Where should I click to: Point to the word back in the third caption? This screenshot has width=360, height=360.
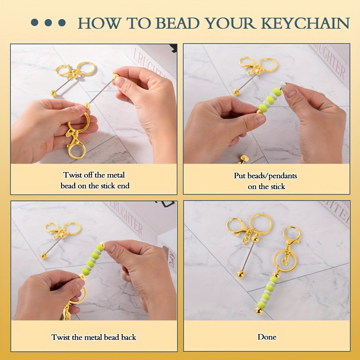pyautogui.click(x=129, y=337)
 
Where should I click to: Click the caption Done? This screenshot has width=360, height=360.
pyautogui.click(x=267, y=337)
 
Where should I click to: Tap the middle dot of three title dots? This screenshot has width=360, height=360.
pyautogui.click(x=48, y=23)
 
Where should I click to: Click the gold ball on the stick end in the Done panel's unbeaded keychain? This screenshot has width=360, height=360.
pyautogui.click(x=240, y=274)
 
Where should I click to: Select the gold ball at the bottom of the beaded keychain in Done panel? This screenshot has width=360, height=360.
pyautogui.click(x=259, y=311)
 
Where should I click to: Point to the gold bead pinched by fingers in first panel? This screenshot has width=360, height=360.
pyautogui.click(x=116, y=76)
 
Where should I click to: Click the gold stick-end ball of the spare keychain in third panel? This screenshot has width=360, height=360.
pyautogui.click(x=44, y=256)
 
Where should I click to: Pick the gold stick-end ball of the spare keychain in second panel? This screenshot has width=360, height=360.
pyautogui.click(x=236, y=92)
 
